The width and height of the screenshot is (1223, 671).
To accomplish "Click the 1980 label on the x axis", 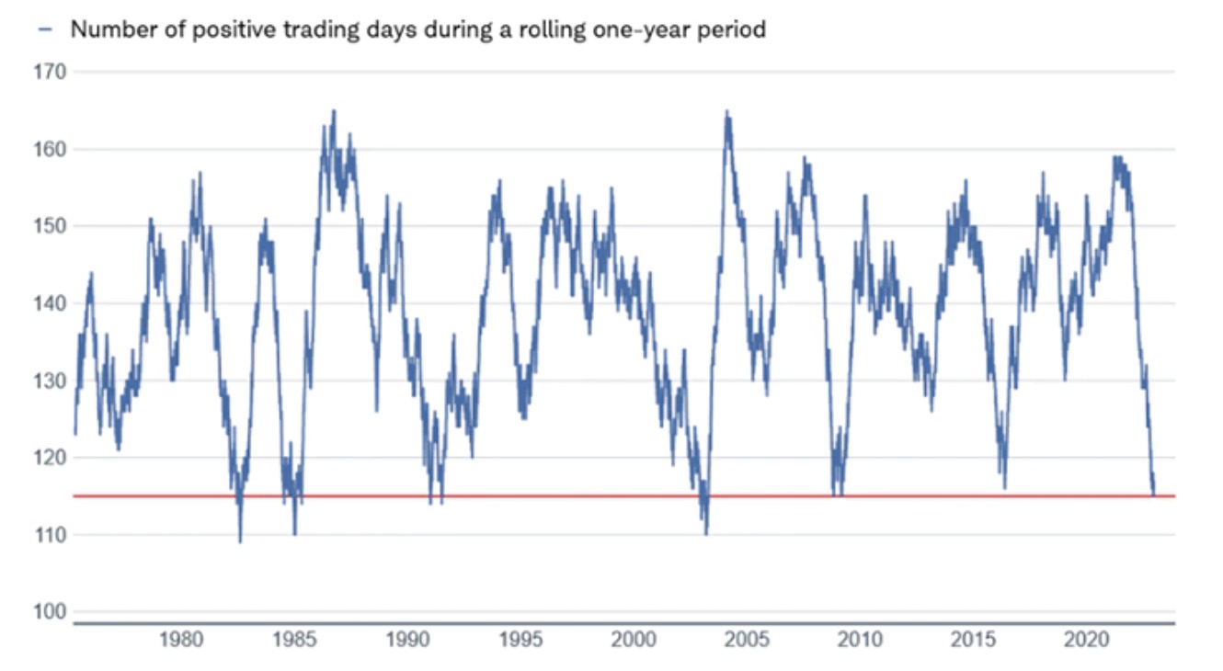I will click(181, 639).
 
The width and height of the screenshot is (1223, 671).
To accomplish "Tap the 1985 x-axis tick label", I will click(294, 639).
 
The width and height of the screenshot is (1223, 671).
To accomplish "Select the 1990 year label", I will click(407, 639).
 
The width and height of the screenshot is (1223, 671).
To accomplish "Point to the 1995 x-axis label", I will click(520, 639).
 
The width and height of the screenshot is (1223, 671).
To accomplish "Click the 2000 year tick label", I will click(634, 639).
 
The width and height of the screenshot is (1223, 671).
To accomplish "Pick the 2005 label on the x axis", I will click(748, 639).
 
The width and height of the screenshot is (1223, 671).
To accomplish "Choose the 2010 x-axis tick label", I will click(861, 639).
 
